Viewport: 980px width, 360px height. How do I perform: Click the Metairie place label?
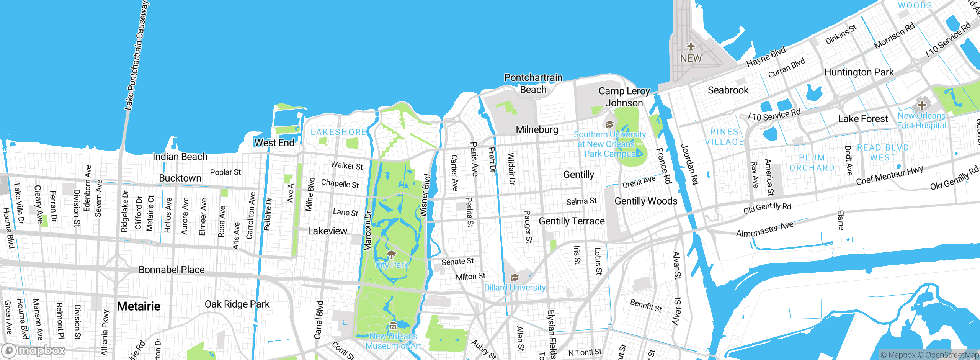coord(139,306)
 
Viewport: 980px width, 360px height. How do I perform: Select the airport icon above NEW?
coord(691,47)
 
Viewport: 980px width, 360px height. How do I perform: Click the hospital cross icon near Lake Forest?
coord(921,105)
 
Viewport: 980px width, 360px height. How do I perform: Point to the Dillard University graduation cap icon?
coord(514,278)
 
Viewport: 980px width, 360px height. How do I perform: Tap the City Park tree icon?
coord(391,255)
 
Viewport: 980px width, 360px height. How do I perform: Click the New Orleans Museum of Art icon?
coord(393,326)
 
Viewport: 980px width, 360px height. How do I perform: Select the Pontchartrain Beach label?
coord(533,83)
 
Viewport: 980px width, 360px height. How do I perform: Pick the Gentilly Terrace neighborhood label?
coord(572,221)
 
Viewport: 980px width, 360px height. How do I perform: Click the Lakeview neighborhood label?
coord(327,231)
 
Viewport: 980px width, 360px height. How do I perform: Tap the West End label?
coord(274,143)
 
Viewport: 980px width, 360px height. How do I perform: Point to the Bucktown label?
coord(180,178)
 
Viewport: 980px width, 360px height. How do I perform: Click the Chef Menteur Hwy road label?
coord(889,175)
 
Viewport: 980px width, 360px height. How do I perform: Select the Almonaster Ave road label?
coord(764,229)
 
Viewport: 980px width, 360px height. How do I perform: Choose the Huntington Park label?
coord(859,72)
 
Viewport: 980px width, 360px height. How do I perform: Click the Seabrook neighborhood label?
coord(728,90)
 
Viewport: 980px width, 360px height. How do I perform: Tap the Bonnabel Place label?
coord(171,270)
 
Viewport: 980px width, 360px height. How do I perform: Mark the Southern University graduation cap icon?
coord(609,124)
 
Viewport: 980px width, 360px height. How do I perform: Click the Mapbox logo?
coord(34,350)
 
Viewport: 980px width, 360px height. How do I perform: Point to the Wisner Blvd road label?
coord(425,196)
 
